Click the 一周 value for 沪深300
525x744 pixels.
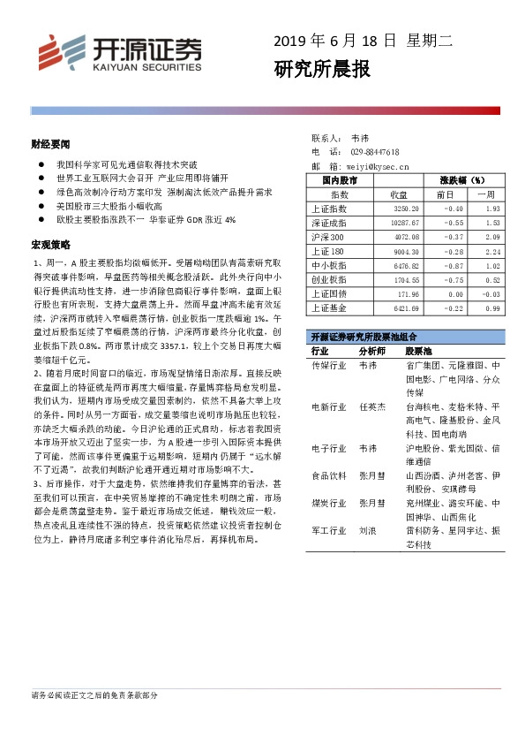pos(491,237)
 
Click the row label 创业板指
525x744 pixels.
pos(329,279)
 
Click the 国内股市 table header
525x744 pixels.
pos(339,180)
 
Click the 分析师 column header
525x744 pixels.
pos(374,351)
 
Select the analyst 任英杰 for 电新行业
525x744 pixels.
pos(373,406)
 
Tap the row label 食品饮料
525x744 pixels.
pos(329,475)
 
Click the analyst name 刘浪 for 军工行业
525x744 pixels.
pos(368,532)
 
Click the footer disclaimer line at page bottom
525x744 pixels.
pos(94,695)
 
